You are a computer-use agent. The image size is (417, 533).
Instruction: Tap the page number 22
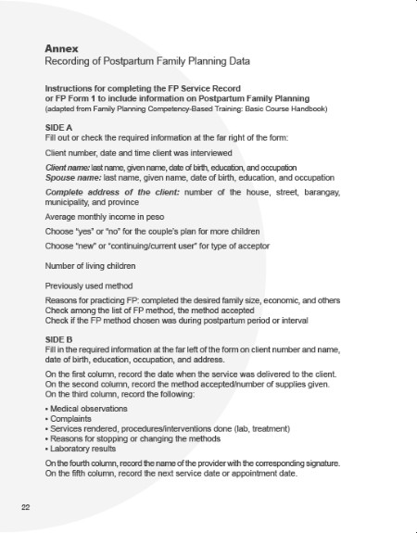click(26, 508)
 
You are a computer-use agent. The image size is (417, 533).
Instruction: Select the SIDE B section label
click(59, 340)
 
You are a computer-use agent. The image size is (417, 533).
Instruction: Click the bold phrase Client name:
click(73, 166)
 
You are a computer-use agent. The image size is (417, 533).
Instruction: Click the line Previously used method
click(89, 286)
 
